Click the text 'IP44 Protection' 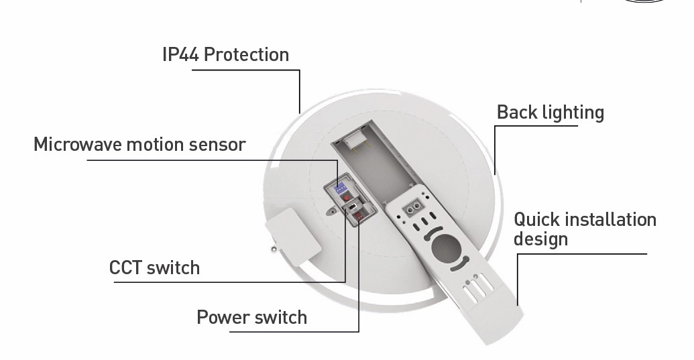click(x=225, y=54)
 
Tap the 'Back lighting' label click(x=550, y=113)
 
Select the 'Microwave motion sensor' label click(x=139, y=144)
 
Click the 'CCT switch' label click(x=154, y=268)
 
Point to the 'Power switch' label click(x=251, y=317)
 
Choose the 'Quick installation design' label click(x=585, y=229)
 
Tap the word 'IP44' click(x=180, y=54)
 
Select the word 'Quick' click(x=537, y=219)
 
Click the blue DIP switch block click(x=340, y=187)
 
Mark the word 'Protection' click(x=246, y=54)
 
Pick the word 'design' click(x=540, y=239)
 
